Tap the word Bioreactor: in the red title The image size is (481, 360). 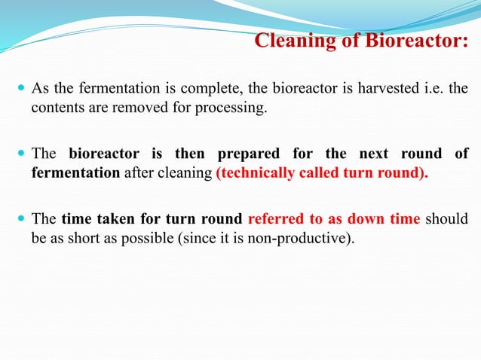419,41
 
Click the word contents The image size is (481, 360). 57,108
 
